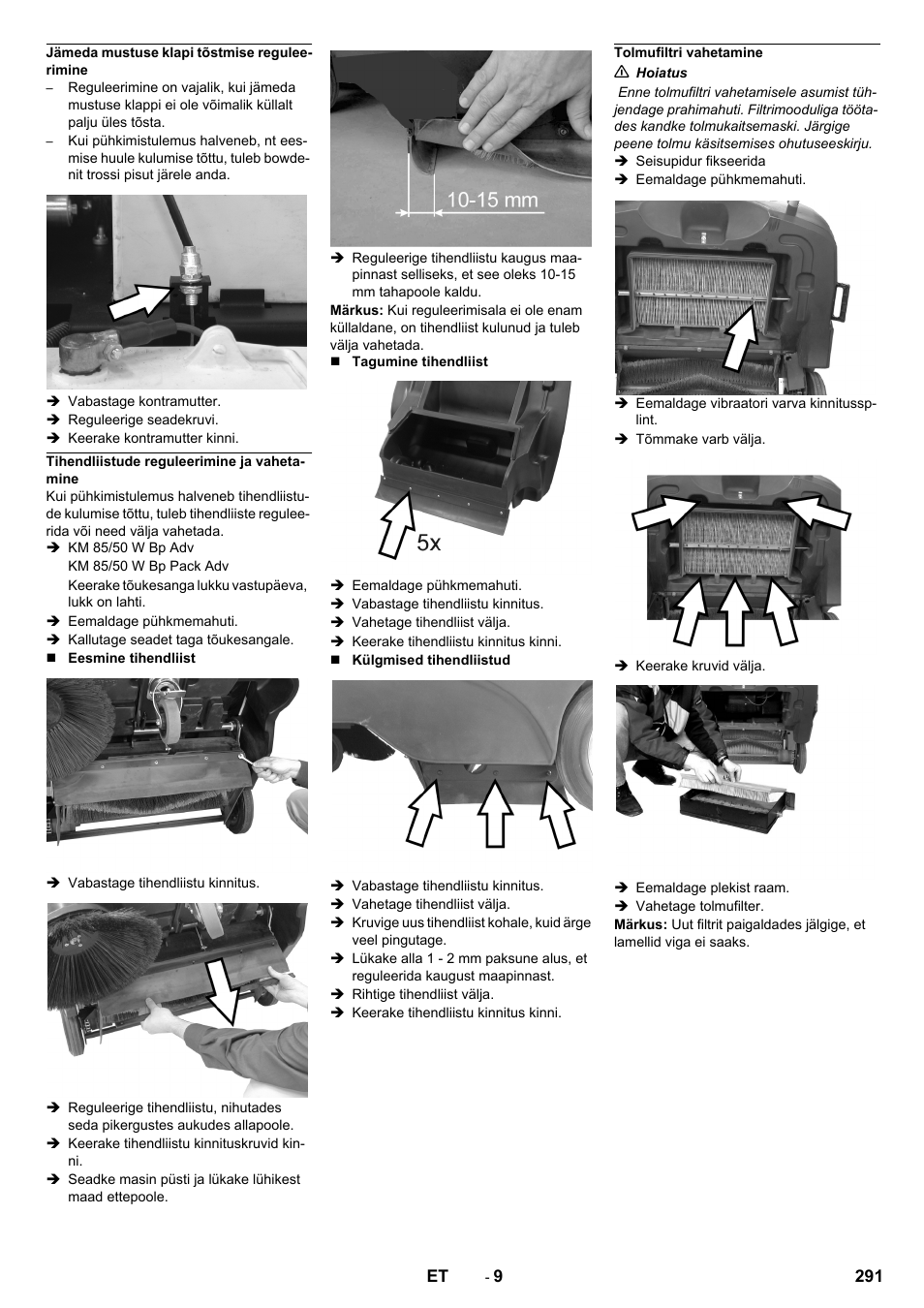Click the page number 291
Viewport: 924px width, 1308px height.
[868, 1276]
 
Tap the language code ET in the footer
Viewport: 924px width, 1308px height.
[437, 1276]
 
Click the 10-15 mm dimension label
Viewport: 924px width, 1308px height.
[492, 200]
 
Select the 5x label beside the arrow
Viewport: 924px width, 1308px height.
[429, 544]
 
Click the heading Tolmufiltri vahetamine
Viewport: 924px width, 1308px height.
[689, 52]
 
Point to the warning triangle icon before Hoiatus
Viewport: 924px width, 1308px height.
[622, 73]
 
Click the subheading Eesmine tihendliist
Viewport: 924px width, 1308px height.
[131, 658]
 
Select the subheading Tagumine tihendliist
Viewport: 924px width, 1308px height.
[419, 361]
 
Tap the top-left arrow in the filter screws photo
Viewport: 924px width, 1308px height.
[665, 510]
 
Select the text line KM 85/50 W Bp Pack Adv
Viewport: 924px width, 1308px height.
[148, 566]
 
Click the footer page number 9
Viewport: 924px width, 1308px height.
[497, 1276]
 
